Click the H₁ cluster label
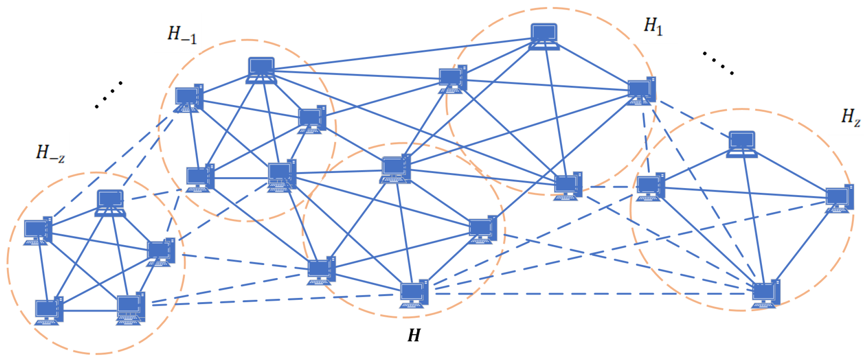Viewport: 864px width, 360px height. tap(653, 26)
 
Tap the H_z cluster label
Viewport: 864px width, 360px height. tap(850, 117)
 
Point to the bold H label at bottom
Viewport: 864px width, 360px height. tap(414, 335)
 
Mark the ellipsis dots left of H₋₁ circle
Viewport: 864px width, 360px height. tap(109, 94)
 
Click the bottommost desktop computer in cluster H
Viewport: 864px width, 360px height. tap(414, 294)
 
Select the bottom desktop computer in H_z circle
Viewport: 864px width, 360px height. tap(765, 294)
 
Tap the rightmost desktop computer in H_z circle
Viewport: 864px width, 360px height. tap(839, 199)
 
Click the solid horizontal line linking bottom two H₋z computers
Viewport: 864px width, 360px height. tap(90, 311)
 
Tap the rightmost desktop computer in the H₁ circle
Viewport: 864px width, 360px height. tap(642, 91)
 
